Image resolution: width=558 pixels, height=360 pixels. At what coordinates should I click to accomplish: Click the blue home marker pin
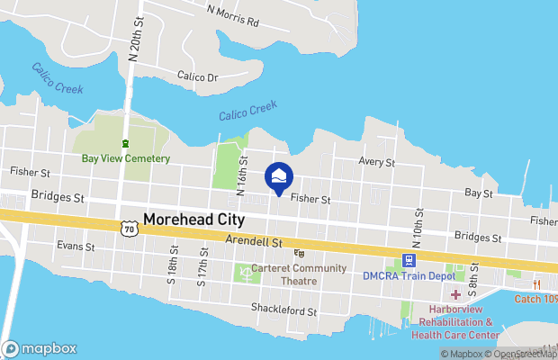point(278,177)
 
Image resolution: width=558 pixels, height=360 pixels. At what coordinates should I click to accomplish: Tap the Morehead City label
point(195,220)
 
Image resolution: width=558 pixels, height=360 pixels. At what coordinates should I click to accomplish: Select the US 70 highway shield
point(129,230)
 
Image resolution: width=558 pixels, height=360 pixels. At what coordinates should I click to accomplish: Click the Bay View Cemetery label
point(126,158)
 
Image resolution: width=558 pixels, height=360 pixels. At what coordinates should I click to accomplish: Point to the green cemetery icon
point(126,143)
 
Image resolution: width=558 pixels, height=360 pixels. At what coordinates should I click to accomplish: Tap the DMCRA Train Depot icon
point(409,260)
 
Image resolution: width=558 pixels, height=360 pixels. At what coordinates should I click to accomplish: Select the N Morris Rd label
point(232,15)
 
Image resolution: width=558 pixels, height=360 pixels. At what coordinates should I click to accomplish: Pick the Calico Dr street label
point(198,76)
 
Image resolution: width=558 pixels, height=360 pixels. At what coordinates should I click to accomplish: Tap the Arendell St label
point(255,241)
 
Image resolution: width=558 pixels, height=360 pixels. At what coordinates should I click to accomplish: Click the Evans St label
point(76,246)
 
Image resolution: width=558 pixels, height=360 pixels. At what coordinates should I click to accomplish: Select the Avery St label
point(377,162)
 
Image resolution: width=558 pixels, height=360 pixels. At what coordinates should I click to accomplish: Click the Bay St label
point(478,193)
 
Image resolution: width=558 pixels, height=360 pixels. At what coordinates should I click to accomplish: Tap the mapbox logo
point(40,348)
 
